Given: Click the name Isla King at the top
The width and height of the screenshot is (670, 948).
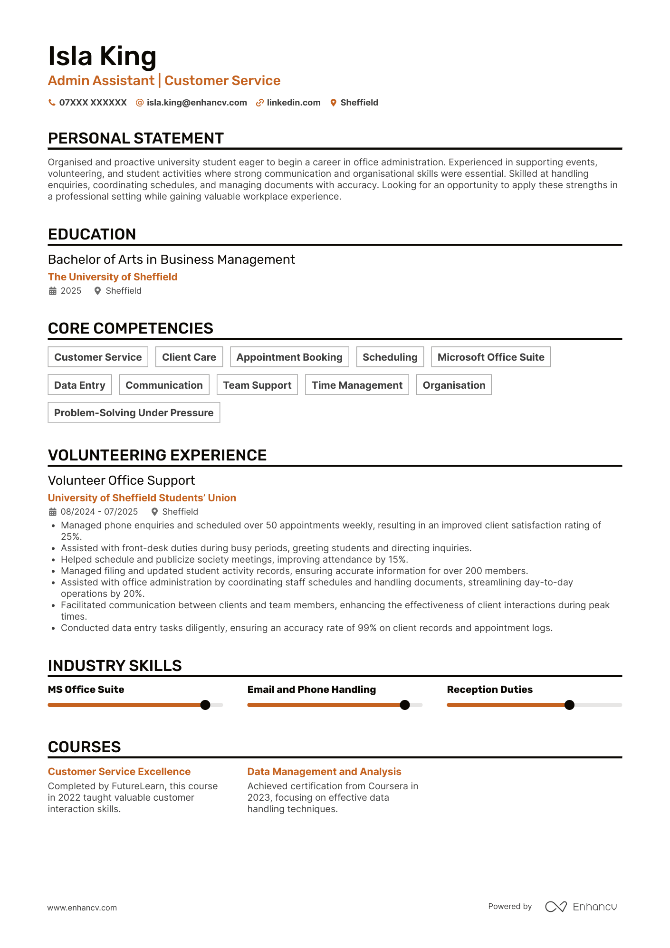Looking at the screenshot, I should (x=102, y=56).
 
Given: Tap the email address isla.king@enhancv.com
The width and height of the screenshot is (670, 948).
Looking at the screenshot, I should (x=197, y=103).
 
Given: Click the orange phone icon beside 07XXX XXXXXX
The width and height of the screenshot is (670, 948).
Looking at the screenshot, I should (x=52, y=103).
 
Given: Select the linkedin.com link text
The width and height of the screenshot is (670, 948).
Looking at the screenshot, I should (x=293, y=103).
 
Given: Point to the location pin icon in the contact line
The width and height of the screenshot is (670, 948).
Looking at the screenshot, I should (x=334, y=103).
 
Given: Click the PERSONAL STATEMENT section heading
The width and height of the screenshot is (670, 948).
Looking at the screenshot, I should (x=136, y=138).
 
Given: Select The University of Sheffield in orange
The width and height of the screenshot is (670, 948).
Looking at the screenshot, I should (x=113, y=277).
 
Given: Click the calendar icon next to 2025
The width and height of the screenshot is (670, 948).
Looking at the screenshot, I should (x=53, y=291).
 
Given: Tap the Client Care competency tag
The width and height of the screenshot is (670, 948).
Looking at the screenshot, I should (x=189, y=357).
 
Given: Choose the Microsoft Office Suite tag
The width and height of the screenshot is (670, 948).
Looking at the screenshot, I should (x=491, y=357).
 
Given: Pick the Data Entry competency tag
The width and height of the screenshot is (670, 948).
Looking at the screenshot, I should (x=80, y=385).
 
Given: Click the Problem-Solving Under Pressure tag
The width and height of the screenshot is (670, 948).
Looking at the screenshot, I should (x=134, y=412).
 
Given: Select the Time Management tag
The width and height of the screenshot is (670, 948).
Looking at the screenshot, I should (x=357, y=385).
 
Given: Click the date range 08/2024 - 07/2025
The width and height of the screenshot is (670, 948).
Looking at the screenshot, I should (x=99, y=512).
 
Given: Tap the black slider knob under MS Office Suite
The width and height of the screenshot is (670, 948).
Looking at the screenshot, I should (x=205, y=705).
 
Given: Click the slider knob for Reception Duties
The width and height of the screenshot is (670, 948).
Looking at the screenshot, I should (x=569, y=705).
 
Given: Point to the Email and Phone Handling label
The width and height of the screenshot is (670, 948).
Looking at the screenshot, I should (x=312, y=689).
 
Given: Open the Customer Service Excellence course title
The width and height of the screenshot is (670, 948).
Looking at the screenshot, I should (x=119, y=772).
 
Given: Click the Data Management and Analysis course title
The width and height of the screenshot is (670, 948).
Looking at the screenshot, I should (x=325, y=772).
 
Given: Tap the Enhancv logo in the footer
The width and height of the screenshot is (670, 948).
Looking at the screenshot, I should (x=581, y=907).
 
